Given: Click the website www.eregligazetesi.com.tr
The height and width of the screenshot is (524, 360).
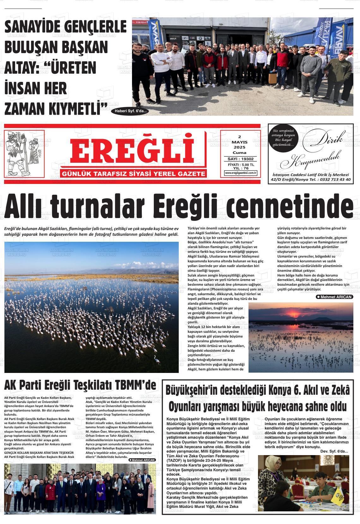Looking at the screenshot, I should [x=241, y=173].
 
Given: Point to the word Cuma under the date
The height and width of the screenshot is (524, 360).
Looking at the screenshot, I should [x=239, y=152].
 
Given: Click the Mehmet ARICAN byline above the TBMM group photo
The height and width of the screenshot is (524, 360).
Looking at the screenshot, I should [x=142, y=460].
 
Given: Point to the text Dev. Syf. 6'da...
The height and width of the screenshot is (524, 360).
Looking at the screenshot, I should [x=334, y=451].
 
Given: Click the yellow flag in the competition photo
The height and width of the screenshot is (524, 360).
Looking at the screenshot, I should [x=341, y=493].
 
